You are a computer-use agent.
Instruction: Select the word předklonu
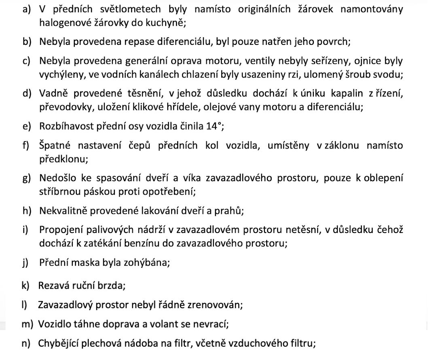[62, 159]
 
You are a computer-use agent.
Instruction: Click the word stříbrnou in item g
[60, 191]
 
